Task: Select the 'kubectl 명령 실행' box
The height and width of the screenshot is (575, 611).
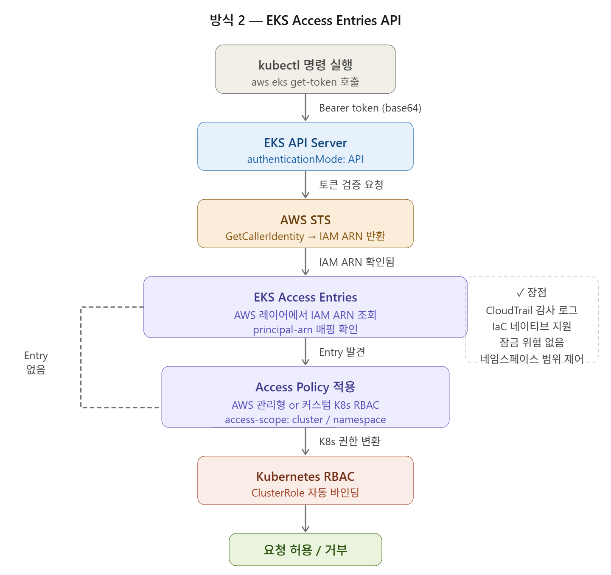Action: pos(305,69)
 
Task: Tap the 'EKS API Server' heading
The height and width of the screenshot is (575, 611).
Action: pos(305,143)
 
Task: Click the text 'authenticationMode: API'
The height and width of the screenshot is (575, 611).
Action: pos(305,159)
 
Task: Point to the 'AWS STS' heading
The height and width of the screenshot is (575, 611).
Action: pos(305,220)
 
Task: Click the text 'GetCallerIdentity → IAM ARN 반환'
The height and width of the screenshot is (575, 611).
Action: pos(305,236)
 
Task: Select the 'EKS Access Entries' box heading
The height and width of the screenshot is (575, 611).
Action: pos(305,297)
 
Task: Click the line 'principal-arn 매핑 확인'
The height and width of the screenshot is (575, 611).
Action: pos(305,329)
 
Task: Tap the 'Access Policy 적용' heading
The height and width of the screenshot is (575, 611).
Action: pos(305,387)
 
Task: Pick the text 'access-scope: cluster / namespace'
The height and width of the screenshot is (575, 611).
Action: pos(305,420)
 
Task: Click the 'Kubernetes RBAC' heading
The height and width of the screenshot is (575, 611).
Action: pos(305,477)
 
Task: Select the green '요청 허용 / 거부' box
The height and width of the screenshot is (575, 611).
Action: pos(305,550)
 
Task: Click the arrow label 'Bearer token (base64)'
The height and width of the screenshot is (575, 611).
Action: pos(370,108)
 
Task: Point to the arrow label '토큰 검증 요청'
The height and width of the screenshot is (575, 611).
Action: pos(351,185)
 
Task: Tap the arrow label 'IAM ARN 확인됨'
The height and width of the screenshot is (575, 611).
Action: pos(356,262)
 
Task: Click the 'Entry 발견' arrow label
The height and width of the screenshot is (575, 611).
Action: pos(342,352)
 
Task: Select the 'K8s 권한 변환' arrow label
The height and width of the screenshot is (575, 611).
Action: pos(350,441)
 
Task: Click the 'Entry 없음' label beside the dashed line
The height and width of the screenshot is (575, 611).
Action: pos(36,363)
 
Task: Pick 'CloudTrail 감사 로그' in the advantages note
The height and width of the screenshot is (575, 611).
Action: pos(532,310)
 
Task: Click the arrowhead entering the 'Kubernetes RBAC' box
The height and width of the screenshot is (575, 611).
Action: pos(305,452)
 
